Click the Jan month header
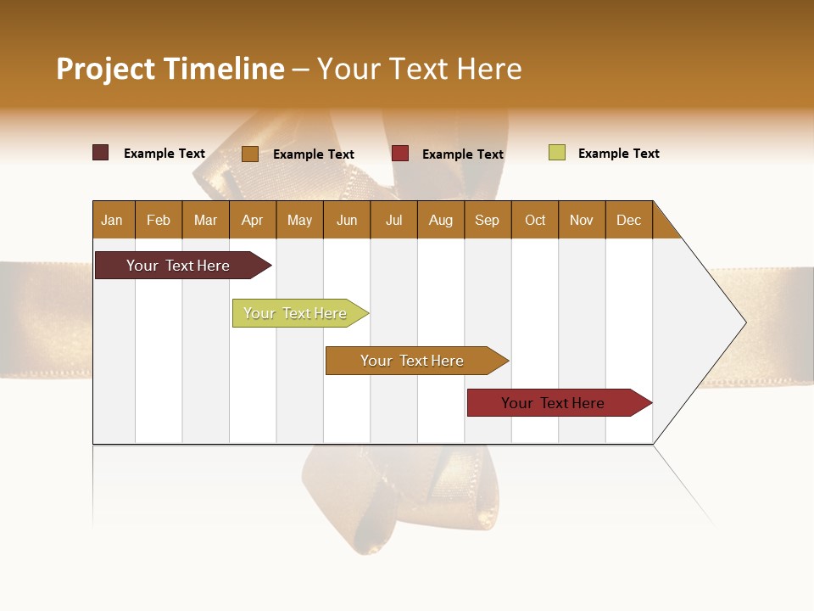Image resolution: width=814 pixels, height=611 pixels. [x=112, y=220]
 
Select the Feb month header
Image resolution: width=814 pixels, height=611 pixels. [x=159, y=220]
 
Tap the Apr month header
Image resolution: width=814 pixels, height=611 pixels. [x=252, y=220]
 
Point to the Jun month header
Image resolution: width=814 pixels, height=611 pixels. [x=347, y=220]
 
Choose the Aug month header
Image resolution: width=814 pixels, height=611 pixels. [x=440, y=220]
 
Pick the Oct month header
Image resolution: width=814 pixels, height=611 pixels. [x=535, y=220]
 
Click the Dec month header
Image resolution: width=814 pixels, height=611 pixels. [x=628, y=220]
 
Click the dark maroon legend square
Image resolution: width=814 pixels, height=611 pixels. [x=100, y=153]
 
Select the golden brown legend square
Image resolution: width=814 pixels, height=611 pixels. [x=249, y=154]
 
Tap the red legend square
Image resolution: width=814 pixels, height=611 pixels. [x=400, y=154]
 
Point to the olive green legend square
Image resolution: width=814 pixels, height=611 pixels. [x=556, y=153]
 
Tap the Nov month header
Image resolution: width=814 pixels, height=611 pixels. [x=582, y=220]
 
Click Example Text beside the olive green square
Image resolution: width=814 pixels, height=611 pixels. [x=618, y=154]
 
